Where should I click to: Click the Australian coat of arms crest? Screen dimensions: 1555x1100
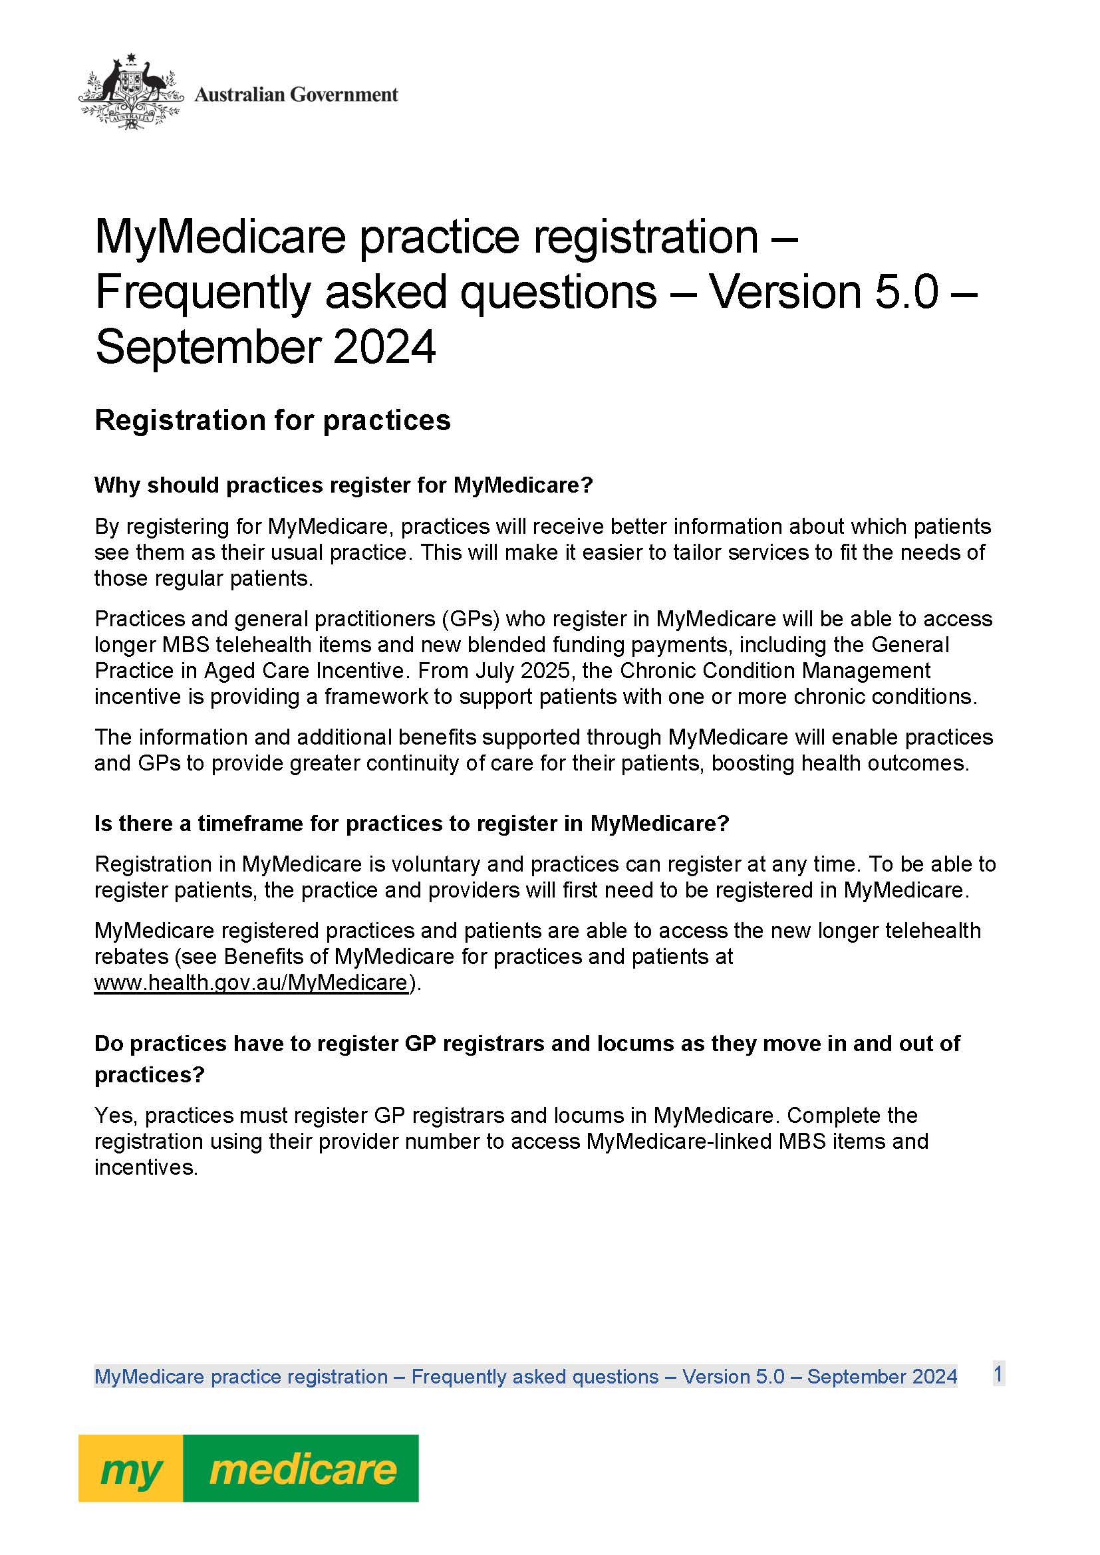point(132,92)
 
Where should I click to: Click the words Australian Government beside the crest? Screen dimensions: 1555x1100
point(296,95)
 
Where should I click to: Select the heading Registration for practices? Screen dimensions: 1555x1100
point(272,421)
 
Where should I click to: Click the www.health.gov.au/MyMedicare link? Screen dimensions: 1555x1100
point(251,982)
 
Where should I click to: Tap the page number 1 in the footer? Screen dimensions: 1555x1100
point(998,1374)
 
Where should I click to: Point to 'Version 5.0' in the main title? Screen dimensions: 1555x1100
point(823,292)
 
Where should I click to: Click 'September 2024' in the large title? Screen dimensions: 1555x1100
point(265,348)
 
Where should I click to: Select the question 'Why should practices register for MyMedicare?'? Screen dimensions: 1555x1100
point(343,485)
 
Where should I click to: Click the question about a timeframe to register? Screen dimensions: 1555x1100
point(411,824)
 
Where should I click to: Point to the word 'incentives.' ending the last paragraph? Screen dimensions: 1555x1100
point(146,1167)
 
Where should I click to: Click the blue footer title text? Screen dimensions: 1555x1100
point(525,1377)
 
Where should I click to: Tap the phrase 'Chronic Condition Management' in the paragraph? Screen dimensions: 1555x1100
point(775,671)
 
